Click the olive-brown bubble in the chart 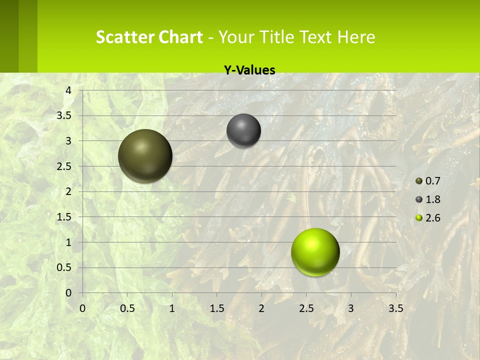[145, 156]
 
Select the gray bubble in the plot [243, 130]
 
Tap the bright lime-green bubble [315, 252]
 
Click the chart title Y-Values [249, 70]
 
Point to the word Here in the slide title [356, 37]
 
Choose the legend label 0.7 [432, 181]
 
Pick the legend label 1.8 [432, 199]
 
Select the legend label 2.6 [432, 218]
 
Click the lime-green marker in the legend [419, 218]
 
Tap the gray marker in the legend [419, 199]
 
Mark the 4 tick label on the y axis [68, 90]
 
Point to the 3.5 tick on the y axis [64, 115]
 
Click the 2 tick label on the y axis [68, 191]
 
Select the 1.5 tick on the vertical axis [64, 217]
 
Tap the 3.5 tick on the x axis [395, 308]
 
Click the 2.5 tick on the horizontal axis [306, 308]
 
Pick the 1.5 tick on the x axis [216, 308]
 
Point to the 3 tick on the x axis [351, 308]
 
